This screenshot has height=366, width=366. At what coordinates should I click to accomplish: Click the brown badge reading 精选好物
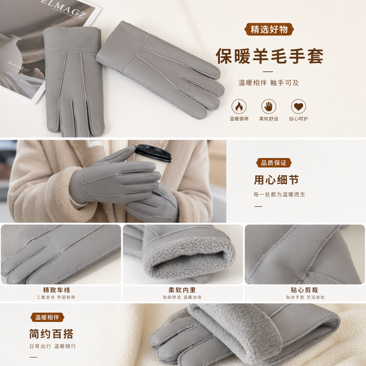(x=269, y=29)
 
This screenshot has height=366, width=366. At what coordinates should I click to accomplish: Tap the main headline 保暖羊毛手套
(x=269, y=56)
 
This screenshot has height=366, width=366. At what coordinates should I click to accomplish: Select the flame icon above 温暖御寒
(x=239, y=107)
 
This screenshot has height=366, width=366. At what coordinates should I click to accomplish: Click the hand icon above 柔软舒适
(x=269, y=107)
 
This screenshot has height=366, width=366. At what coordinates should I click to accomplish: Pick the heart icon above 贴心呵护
(x=298, y=107)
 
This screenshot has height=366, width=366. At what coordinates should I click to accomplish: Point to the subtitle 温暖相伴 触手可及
(x=268, y=83)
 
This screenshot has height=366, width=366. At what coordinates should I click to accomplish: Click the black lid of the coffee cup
(x=153, y=153)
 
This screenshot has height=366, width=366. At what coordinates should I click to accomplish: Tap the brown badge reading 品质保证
(x=274, y=163)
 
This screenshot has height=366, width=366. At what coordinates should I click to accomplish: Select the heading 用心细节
(x=276, y=180)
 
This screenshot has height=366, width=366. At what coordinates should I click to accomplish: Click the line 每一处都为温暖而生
(x=280, y=194)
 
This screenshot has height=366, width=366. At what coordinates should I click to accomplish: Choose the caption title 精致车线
(x=56, y=290)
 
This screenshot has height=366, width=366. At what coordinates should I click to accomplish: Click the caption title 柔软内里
(x=182, y=290)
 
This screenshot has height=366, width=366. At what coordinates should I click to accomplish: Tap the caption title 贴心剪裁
(x=305, y=290)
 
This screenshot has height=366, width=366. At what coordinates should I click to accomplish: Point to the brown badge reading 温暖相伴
(x=47, y=317)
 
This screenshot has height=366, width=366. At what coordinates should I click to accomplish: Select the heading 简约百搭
(x=51, y=334)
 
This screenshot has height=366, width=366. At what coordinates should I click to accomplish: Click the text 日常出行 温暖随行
(x=53, y=346)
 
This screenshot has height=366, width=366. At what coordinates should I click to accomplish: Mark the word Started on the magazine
(x=16, y=65)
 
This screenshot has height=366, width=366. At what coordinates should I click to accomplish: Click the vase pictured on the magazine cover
(x=10, y=50)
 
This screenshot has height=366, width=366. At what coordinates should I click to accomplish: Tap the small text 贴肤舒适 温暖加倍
(x=182, y=297)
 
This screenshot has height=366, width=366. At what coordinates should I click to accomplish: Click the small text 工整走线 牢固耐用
(x=56, y=297)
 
